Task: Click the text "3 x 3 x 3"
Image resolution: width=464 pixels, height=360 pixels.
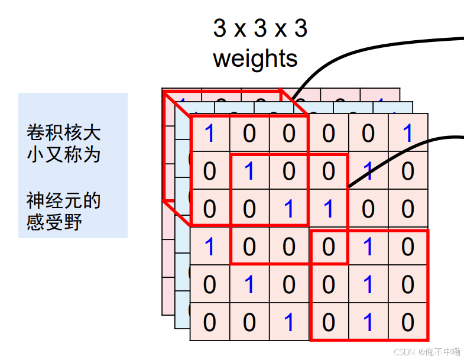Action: [259, 28]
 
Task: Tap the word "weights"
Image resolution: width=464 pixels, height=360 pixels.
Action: [255, 59]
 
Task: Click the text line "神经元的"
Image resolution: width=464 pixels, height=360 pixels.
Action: [63, 200]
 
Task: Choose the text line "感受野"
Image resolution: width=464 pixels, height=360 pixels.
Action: [54, 222]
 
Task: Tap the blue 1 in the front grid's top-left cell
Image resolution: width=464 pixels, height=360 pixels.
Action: [209, 134]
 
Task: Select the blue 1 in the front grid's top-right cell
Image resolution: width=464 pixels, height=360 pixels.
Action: [408, 134]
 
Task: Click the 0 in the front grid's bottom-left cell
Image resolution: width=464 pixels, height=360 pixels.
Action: [209, 323]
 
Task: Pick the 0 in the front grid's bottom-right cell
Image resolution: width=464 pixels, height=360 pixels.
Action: [408, 323]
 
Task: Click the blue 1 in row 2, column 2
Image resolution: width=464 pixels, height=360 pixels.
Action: [249, 171]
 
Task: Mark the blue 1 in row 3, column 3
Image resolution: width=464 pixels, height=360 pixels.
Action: [288, 209]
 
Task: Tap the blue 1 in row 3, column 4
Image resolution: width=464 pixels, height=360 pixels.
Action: [329, 209]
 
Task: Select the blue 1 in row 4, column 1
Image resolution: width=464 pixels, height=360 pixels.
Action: [209, 247]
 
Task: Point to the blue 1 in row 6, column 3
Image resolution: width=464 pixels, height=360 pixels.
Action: [288, 323]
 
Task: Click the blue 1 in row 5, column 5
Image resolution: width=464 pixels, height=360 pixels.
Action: [368, 285]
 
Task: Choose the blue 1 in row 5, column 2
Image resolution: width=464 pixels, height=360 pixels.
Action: [249, 285]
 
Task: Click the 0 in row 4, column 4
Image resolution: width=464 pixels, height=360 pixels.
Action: [329, 247]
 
